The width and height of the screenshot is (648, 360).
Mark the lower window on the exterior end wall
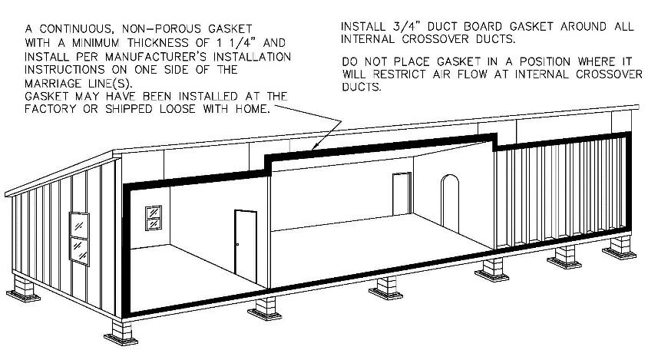[80, 249]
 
